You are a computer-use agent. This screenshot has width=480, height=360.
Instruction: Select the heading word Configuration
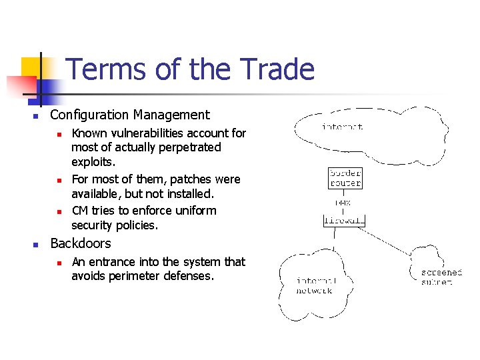(x=91, y=115)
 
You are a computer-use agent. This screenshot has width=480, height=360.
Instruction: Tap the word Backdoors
(x=81, y=243)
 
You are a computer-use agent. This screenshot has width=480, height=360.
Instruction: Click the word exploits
(x=93, y=162)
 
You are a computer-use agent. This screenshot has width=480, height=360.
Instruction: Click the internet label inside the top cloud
(x=342, y=126)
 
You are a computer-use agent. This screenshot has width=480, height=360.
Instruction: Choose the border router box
(x=345, y=178)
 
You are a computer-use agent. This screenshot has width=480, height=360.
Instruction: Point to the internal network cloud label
(x=315, y=286)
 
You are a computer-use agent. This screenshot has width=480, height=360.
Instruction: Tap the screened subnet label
(x=441, y=277)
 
